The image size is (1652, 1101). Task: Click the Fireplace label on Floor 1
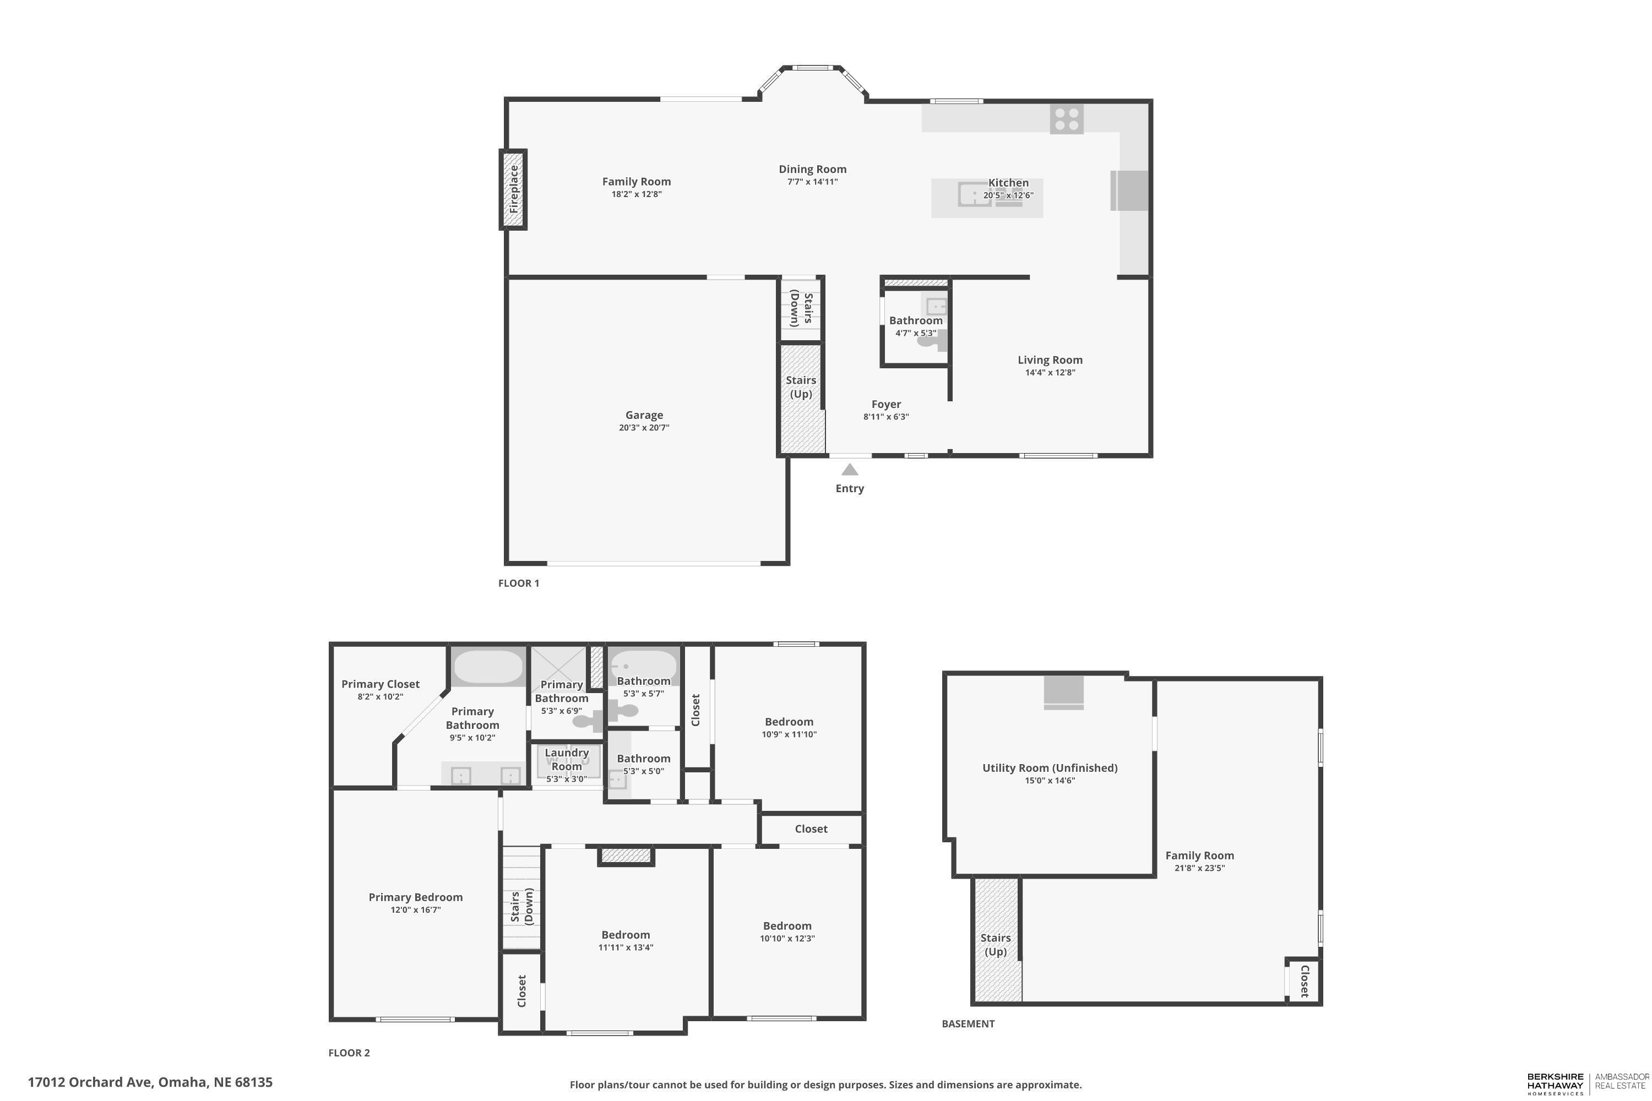(x=513, y=189)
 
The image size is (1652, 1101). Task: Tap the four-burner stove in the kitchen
(x=1066, y=119)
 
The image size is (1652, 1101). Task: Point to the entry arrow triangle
(x=850, y=469)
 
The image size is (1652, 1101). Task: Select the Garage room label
(x=644, y=415)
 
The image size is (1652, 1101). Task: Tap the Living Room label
(x=1050, y=360)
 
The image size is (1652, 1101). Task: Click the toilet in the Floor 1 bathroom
(x=932, y=341)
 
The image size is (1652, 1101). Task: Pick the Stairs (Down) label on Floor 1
(x=801, y=309)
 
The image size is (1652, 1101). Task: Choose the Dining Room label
(x=813, y=169)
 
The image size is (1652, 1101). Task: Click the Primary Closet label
(x=381, y=684)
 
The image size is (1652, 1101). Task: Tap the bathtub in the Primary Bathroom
(x=487, y=667)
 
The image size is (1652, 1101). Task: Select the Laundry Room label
(x=567, y=760)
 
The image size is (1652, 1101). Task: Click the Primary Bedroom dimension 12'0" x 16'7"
(x=416, y=910)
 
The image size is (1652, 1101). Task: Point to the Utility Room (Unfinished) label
(x=1050, y=768)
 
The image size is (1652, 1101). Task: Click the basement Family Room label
(x=1200, y=855)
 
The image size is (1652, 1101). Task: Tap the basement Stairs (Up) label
(x=996, y=945)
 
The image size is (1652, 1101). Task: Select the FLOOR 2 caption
(x=349, y=1053)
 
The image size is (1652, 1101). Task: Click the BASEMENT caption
(x=968, y=1024)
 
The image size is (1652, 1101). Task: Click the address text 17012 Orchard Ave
(x=90, y=1082)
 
